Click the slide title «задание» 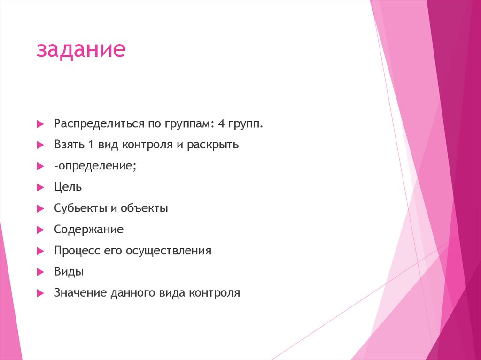coord(81,50)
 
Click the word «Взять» coord(68,145)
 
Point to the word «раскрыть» coord(213,145)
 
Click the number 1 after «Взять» coord(90,145)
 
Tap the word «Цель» coord(68,187)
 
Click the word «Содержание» coord(89,230)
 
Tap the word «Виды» coord(69,272)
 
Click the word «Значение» coord(80,293)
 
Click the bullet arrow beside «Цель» coord(40,187)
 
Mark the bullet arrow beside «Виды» coord(40,272)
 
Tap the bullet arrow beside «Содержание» coord(40,230)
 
